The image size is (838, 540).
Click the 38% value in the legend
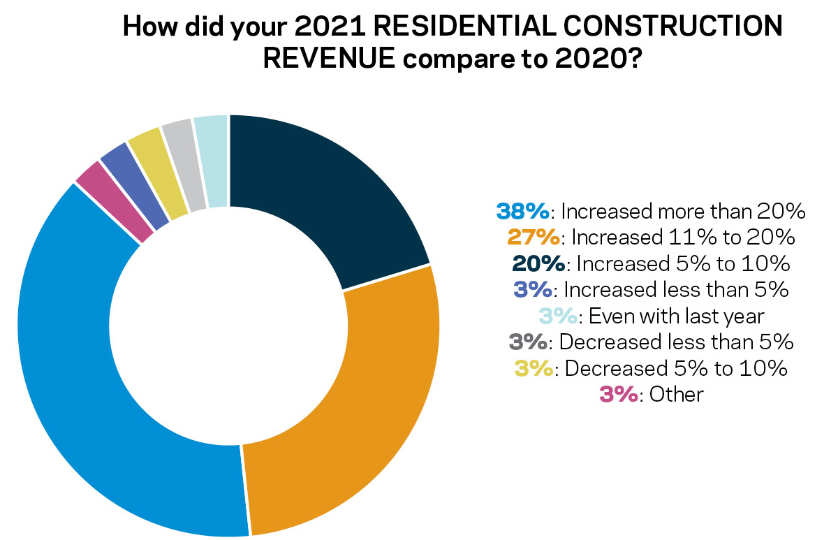pos(524,211)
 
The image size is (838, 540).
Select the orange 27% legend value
pos(534,238)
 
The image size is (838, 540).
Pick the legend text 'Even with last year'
pos(676,316)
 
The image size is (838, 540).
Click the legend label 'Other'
pos(676,395)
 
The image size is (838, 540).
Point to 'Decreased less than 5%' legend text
pos(676,342)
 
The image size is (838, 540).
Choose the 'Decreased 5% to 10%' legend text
pos(676,369)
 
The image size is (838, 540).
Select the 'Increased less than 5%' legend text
pos(676,290)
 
